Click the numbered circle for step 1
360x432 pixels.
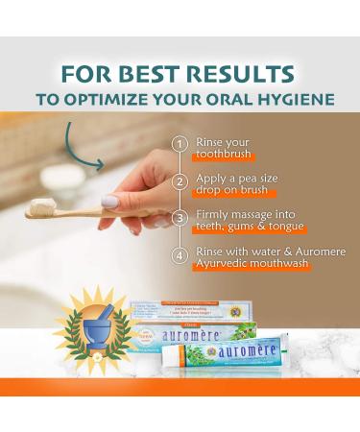[178, 144]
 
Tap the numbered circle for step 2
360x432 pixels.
[178, 180]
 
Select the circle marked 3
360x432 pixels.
[178, 218]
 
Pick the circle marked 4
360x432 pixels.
[178, 256]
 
